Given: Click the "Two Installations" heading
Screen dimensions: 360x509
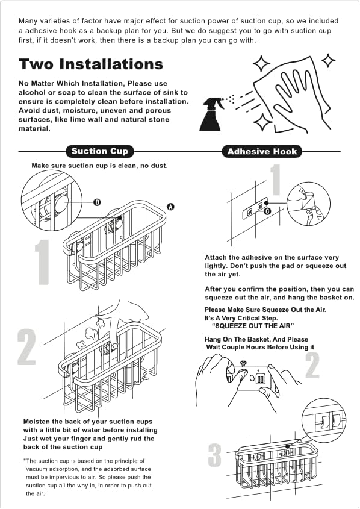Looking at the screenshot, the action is [x=91, y=64].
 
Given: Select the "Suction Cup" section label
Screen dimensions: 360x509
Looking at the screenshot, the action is [x=99, y=151].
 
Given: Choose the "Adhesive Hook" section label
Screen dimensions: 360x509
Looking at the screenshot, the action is [x=262, y=152].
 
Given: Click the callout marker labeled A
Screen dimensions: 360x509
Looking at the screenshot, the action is [x=170, y=207].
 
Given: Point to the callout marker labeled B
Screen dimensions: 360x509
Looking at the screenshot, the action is [x=97, y=202].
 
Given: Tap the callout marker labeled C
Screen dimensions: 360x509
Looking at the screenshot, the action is [x=267, y=211].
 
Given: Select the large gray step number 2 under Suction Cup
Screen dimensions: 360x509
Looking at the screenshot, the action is [x=26, y=347].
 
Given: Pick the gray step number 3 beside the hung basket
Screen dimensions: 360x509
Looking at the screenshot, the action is [x=215, y=455].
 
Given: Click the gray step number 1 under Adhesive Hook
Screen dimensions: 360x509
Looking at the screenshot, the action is [x=275, y=180].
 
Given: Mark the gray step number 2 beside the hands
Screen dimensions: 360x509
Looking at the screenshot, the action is [x=312, y=365].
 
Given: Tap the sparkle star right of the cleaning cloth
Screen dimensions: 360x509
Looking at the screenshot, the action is [x=328, y=61].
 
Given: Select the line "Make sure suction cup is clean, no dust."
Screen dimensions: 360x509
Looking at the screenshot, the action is [x=99, y=166].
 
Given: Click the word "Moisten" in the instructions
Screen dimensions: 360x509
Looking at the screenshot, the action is [x=36, y=422].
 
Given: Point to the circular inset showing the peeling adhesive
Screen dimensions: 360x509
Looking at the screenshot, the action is [x=308, y=203].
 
